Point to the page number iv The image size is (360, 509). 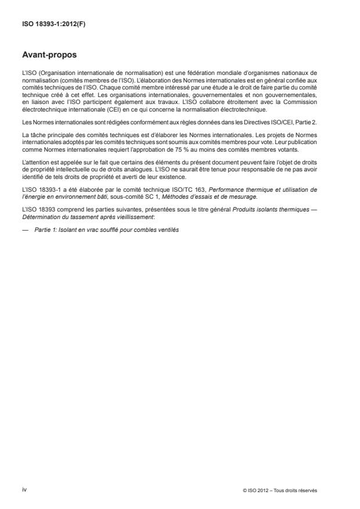click(24, 490)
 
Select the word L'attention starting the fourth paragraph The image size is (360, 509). click(35, 160)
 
